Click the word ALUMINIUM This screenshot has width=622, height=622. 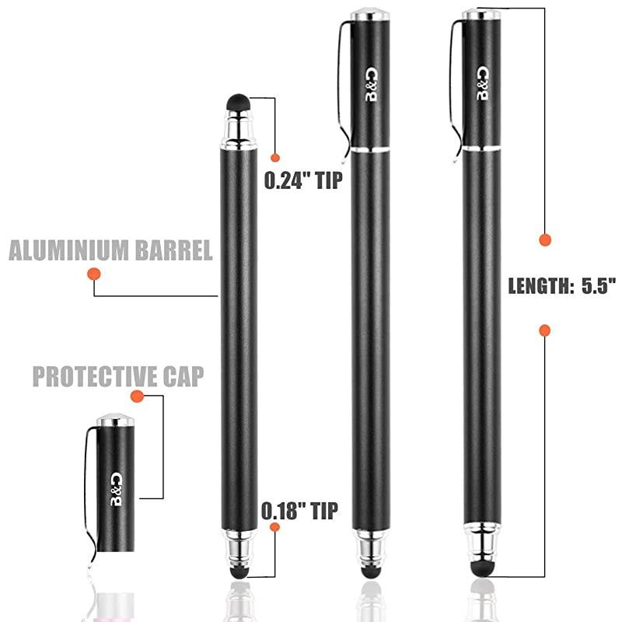[x=68, y=250]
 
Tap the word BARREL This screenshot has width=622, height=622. [x=174, y=250]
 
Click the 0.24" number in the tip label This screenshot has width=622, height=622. [x=287, y=180]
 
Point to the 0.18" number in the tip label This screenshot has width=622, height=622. [x=282, y=511]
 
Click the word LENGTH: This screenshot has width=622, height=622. [x=540, y=286]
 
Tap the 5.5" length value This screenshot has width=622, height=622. [x=599, y=285]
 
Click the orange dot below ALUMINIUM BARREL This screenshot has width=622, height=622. [x=94, y=274]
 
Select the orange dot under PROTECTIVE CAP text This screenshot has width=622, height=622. [x=137, y=396]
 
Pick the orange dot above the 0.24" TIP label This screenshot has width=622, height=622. [x=275, y=158]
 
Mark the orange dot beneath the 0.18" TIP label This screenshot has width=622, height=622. [x=274, y=527]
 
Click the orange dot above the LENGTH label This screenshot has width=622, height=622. [x=545, y=240]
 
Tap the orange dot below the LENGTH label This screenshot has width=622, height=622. [x=545, y=330]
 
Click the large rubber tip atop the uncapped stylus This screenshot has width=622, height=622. [x=238, y=103]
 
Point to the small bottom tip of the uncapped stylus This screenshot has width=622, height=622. [x=239, y=572]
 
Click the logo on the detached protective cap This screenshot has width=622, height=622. [x=116, y=489]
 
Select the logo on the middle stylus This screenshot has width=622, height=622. [x=372, y=85]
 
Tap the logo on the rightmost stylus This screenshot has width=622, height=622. [x=483, y=84]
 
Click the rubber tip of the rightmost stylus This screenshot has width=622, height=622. [x=482, y=569]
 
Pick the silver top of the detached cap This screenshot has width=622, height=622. [x=115, y=420]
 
